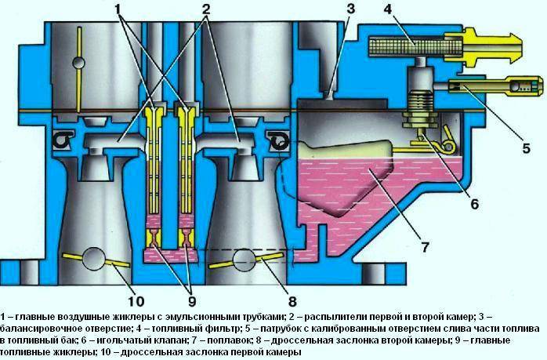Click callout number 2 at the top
tap(206, 11)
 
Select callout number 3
tap(329, 9)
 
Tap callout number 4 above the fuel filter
tap(389, 11)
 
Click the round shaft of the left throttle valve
tap(94, 258)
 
